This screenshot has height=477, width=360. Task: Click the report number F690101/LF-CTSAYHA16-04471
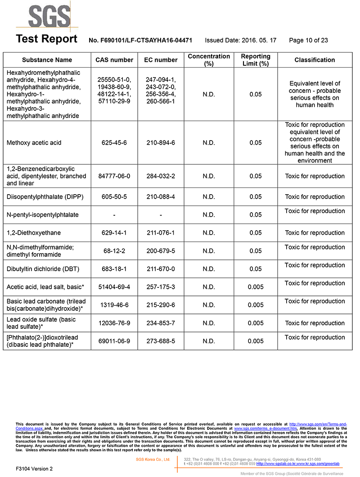click(x=140, y=41)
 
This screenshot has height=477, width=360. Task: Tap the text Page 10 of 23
click(x=308, y=41)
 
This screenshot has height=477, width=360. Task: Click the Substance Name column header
click(x=47, y=60)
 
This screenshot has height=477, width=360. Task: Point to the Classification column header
click(x=315, y=60)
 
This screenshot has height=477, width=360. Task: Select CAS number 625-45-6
click(x=114, y=143)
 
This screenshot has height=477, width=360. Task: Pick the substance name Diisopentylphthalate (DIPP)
click(x=45, y=197)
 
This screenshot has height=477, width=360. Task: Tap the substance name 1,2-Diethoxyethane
click(x=34, y=233)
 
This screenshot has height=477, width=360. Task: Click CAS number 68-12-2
click(x=114, y=251)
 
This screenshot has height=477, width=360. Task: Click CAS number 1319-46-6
click(x=114, y=305)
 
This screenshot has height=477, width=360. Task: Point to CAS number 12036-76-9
click(x=114, y=323)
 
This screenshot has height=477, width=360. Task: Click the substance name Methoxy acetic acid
click(x=34, y=143)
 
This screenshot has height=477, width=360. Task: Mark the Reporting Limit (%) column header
click(x=256, y=60)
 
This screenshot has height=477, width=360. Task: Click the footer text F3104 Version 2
click(x=34, y=468)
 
